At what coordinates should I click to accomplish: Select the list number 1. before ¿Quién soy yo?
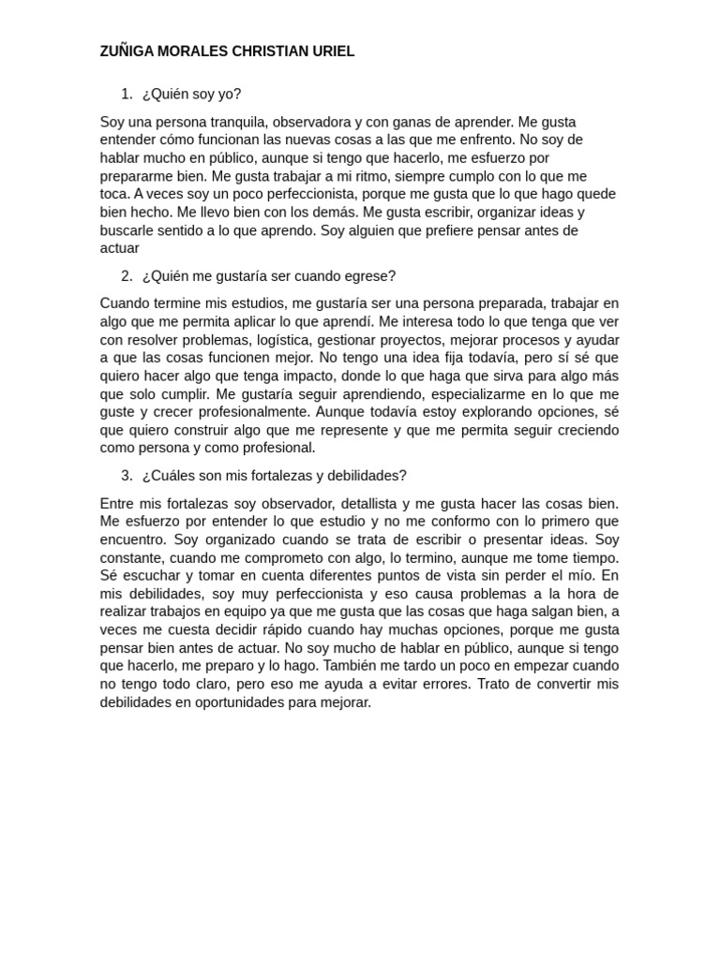[127, 94]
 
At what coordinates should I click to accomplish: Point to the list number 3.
[127, 476]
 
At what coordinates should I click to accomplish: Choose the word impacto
[303, 376]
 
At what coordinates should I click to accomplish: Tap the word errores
[440, 684]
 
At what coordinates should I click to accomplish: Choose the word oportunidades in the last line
[237, 702]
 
